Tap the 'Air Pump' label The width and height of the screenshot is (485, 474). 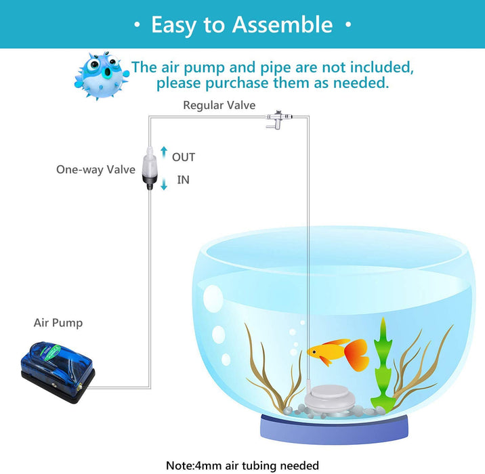click(58, 323)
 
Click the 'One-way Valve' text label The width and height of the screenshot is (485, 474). click(96, 169)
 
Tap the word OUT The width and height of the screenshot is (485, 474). click(184, 157)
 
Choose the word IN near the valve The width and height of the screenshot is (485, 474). click(183, 179)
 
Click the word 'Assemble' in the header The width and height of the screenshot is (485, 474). click(282, 25)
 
